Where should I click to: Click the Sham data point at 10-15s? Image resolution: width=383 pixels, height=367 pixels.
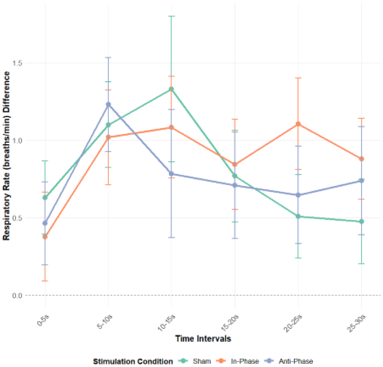[x=172, y=89]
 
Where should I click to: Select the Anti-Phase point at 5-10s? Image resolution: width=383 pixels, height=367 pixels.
[x=108, y=104]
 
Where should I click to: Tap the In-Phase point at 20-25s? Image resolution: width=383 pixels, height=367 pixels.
[x=298, y=124]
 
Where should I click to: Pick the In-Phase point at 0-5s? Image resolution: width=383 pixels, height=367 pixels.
[x=45, y=237]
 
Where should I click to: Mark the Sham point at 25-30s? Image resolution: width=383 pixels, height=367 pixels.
[x=362, y=221]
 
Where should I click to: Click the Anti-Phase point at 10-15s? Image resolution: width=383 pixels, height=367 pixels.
[x=172, y=174]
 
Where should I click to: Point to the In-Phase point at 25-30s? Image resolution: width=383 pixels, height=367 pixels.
[x=362, y=159]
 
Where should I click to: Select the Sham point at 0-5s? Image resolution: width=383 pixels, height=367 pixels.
[x=45, y=197]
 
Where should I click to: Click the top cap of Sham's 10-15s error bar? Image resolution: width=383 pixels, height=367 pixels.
[x=172, y=16]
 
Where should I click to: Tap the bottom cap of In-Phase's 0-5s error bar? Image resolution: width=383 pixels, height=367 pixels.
[x=45, y=281]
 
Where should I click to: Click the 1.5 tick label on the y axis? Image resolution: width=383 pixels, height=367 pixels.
[x=17, y=63]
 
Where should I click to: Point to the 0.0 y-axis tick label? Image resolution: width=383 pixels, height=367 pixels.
[x=17, y=295]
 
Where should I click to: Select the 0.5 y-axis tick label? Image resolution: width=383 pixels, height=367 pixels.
[x=17, y=218]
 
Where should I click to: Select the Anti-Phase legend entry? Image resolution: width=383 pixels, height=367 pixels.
[x=289, y=361]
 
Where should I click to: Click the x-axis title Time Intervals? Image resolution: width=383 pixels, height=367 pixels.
[x=203, y=338]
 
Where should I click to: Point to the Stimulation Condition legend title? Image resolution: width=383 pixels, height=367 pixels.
[x=133, y=361]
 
